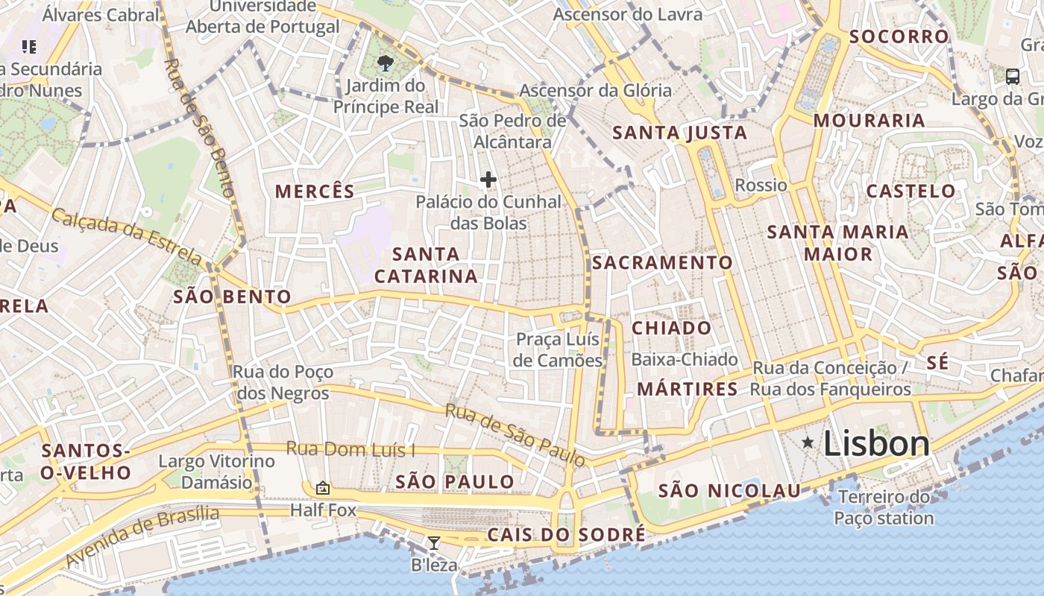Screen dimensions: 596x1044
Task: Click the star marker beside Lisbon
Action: pos(808,443)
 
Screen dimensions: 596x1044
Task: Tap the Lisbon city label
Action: pos(876,444)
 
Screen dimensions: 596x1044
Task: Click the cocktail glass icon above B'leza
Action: pos(433,542)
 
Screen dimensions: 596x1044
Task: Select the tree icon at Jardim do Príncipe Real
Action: pos(386,63)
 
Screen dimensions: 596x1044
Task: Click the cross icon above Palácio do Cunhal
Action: pos(488,180)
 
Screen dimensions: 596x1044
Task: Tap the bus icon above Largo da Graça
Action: pos(1013,76)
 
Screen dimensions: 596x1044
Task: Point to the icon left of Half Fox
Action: pos(323,488)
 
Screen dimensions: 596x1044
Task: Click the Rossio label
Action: pos(761,185)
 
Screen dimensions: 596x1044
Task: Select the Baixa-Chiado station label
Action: pos(685,360)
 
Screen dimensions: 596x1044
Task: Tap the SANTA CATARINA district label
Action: pos(426,265)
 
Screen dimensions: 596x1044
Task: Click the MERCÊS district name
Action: pos(315,191)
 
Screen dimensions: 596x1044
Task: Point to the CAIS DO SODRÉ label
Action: pos(566,535)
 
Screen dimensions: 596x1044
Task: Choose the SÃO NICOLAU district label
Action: pos(729,491)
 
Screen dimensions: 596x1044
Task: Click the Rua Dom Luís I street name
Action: pos(351,449)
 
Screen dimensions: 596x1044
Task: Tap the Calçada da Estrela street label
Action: pos(127,236)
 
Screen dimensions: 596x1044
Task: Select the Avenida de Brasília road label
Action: pos(142,537)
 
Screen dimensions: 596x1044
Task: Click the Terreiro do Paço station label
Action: pos(884,507)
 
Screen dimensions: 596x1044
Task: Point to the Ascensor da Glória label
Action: pos(595,91)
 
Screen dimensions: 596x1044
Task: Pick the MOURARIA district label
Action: pos(869,121)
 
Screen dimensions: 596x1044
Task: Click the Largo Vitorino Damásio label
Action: pos(216,472)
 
